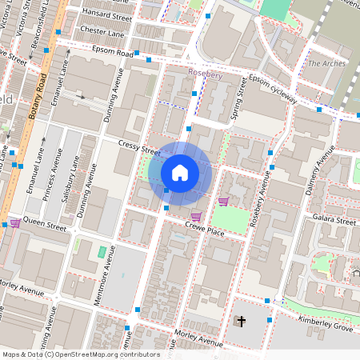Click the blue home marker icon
180,173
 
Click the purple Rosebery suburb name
205,74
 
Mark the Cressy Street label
139,149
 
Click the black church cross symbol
241,322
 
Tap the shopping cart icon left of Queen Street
15,223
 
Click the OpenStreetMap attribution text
81,354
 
